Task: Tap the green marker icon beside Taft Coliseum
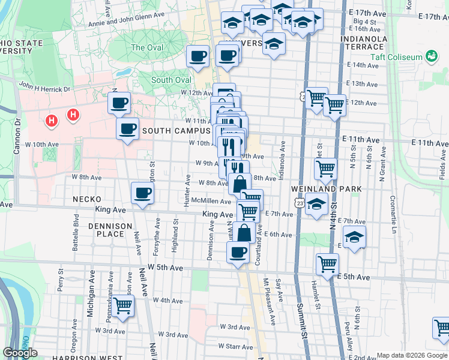pos(430,57)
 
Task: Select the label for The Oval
pos(146,47)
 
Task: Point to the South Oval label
pos(171,80)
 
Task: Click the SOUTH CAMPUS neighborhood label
pos(175,131)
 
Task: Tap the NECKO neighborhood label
pos(89,199)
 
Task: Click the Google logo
pos(20,353)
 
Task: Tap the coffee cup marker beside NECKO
pos(142,193)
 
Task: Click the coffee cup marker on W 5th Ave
pos(238,252)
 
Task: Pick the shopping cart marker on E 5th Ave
pos(327,263)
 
